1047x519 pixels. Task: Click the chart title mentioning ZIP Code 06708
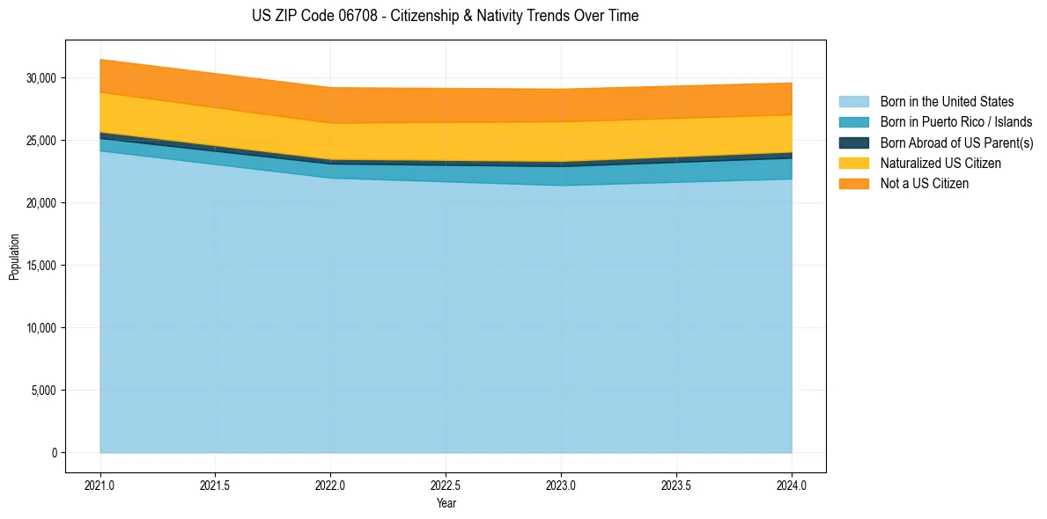[x=445, y=16]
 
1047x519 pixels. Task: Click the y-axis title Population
[x=14, y=257]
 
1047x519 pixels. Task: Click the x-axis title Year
[x=446, y=503]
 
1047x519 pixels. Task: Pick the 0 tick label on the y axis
[x=53, y=453]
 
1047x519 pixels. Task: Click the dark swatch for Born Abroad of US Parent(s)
[x=853, y=143]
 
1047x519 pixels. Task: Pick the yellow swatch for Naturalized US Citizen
[x=853, y=164]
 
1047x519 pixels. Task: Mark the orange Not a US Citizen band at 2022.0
[x=330, y=105]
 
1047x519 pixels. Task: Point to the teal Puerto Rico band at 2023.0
[x=561, y=175]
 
